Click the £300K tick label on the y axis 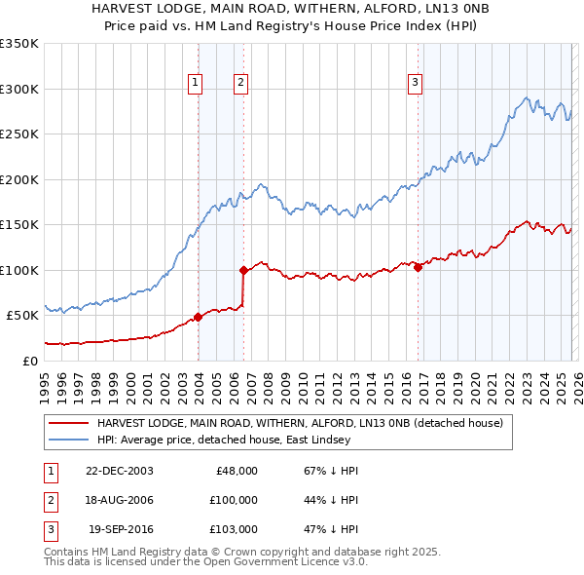pos(19,89)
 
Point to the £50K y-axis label pos(22,316)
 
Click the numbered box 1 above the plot pos(196,84)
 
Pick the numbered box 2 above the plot pos(239,84)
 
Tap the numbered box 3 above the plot pos(415,84)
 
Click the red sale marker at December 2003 pos(199,317)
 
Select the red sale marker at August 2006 pos(243,270)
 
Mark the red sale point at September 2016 pos(418,267)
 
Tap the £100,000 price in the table pos(233,500)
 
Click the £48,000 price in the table pos(237,470)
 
